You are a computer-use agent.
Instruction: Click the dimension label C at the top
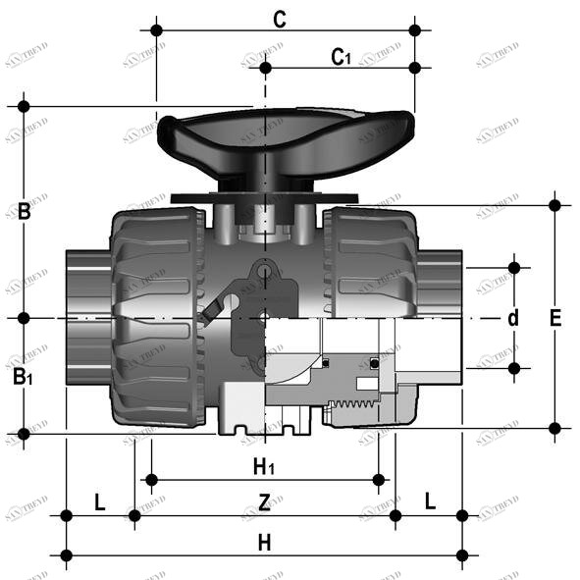click(280, 19)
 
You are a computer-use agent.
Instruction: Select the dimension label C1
click(341, 57)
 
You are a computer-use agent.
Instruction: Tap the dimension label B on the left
click(25, 210)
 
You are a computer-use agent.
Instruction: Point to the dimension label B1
click(23, 377)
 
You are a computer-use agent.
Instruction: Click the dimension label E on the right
click(555, 318)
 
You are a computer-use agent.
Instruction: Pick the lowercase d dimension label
click(512, 318)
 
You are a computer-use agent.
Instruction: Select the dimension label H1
click(264, 465)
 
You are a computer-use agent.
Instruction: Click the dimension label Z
click(264, 503)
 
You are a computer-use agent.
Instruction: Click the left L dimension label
click(99, 501)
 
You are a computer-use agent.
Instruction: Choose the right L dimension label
click(430, 501)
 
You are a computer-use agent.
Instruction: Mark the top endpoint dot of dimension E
click(555, 205)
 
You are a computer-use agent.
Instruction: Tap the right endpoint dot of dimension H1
click(380, 479)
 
